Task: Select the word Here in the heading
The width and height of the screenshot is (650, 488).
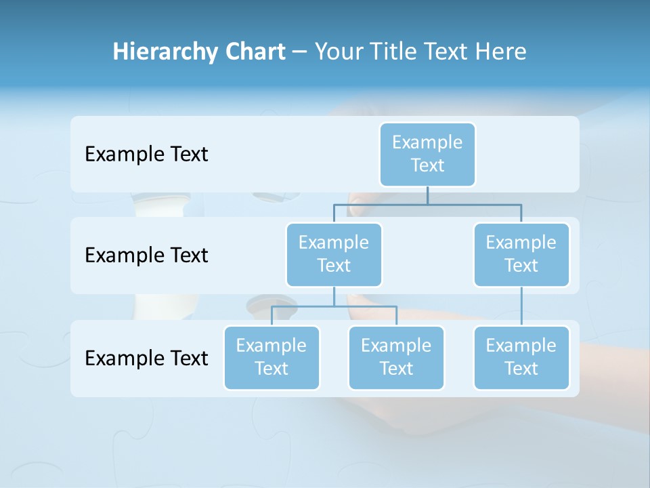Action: pos(501,52)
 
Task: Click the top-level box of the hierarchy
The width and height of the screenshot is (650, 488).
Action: pos(427,154)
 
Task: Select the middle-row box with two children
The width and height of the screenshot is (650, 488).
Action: pos(334,254)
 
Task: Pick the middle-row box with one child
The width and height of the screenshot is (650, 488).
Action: pos(521,254)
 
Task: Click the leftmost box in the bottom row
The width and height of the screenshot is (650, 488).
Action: pos(272,357)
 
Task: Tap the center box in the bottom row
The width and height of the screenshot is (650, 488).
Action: pos(396,357)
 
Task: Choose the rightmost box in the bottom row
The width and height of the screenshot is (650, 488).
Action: pos(521,357)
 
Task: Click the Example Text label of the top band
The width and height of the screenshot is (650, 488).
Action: pos(146,154)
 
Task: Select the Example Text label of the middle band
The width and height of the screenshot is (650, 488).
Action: pos(146,255)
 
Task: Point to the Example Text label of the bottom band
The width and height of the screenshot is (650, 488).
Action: pos(146,358)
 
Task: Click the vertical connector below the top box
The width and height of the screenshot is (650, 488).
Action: pos(427,195)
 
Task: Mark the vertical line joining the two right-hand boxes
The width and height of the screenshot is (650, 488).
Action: pos(521,306)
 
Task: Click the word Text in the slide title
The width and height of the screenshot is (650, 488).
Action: pos(446,52)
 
